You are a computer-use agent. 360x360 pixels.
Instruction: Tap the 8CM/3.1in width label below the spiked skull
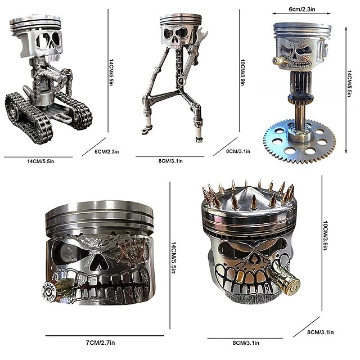pos(240,342)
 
